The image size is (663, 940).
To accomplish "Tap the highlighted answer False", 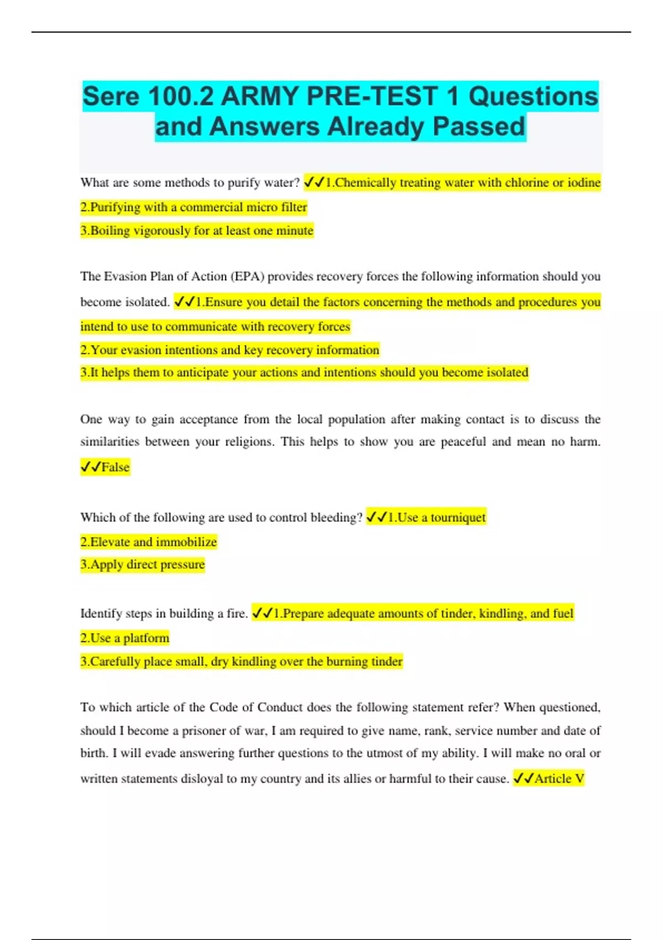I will [x=115, y=467].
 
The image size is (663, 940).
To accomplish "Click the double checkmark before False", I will [x=90, y=467].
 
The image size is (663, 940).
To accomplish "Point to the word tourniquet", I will [x=458, y=518].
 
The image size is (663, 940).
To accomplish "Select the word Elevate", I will [x=109, y=542].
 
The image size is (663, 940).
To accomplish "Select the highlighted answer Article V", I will [x=559, y=779].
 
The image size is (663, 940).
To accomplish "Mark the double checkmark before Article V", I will [x=523, y=779].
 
